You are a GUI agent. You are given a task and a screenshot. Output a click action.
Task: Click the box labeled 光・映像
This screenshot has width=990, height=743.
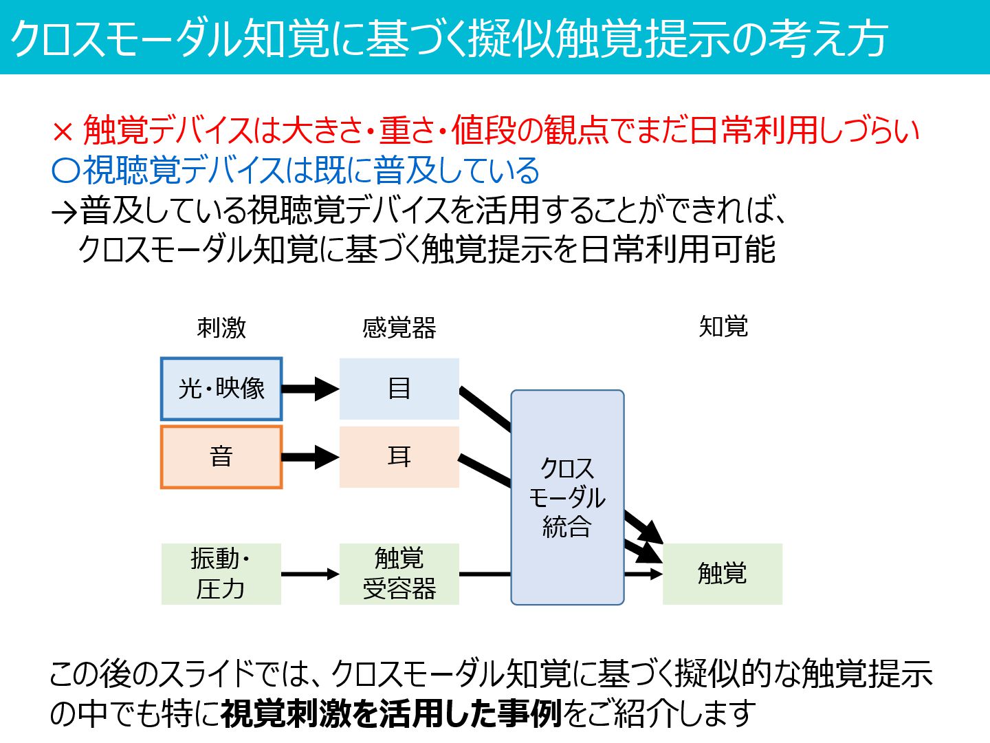click(x=221, y=389)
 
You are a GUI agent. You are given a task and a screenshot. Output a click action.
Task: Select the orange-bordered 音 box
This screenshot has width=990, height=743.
click(x=221, y=457)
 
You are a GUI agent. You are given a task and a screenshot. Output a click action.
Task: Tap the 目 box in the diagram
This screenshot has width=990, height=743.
click(x=399, y=389)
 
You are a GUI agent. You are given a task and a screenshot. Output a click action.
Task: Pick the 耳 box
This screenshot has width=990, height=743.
click(x=399, y=457)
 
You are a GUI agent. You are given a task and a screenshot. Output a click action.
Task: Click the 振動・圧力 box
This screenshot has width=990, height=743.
click(x=221, y=574)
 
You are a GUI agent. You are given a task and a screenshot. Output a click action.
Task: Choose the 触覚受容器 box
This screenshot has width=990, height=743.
click(x=399, y=574)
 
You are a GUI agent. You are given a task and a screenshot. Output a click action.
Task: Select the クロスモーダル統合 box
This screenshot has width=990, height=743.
click(x=567, y=497)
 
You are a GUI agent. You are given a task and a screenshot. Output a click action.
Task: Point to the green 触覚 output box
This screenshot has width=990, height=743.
click(x=722, y=574)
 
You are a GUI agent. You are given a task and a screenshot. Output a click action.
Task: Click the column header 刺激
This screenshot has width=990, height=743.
click(x=221, y=327)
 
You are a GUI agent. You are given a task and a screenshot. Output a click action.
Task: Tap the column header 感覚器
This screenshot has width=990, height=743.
click(x=399, y=327)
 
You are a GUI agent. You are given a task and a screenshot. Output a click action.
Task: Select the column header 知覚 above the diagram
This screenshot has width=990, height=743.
click(x=723, y=326)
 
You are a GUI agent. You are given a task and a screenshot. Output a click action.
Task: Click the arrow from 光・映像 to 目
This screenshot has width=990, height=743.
click(x=310, y=389)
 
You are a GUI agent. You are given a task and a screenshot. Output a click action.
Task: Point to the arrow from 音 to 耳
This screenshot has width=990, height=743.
click(x=310, y=457)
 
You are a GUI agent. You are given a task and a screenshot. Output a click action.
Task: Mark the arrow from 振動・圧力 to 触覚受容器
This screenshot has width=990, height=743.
click(x=310, y=574)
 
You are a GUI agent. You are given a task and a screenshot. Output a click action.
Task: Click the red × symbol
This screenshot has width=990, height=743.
click(x=63, y=131)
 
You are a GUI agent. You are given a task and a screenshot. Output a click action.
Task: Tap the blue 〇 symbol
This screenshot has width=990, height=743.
click(x=66, y=170)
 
